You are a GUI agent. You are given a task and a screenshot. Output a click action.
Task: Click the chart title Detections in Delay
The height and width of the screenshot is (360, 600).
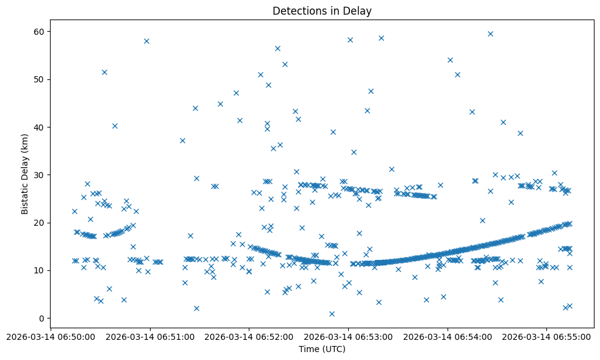tap(322, 11)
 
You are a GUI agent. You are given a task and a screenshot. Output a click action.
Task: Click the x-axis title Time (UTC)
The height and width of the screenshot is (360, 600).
tap(322, 349)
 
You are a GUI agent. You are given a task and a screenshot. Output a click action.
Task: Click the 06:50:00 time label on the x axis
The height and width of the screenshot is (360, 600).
tap(51, 336)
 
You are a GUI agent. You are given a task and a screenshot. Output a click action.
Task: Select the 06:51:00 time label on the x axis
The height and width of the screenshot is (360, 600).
tap(150, 336)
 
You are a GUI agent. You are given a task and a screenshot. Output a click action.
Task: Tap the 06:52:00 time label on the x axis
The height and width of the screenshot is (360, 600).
tap(249, 336)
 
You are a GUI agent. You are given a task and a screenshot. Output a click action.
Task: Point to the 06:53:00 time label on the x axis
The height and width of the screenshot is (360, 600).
tap(348, 336)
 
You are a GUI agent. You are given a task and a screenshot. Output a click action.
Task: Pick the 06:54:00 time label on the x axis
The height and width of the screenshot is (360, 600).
tap(448, 336)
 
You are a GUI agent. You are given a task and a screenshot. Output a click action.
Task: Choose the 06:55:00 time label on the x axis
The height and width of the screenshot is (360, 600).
tap(546, 336)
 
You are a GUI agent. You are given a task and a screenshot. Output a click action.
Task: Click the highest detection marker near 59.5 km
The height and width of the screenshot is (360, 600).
tap(490, 34)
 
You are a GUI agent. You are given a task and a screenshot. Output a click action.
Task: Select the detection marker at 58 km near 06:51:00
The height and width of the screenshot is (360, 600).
tap(146, 41)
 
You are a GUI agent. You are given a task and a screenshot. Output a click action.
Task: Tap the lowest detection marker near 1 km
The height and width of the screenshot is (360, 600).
tap(332, 314)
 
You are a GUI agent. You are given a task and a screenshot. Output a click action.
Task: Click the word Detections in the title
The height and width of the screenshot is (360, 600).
tap(296, 11)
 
